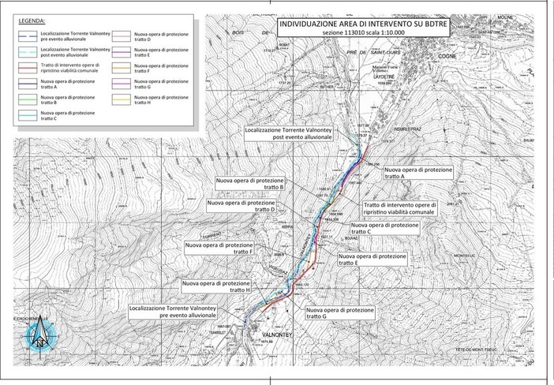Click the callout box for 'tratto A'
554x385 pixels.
pos(418,174)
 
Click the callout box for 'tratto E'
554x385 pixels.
pos(372,261)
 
